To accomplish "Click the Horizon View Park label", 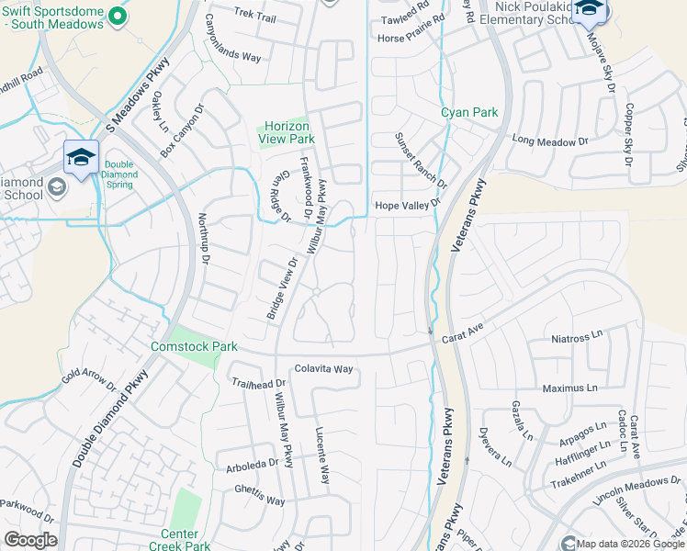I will coord(286,132).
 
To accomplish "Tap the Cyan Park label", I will coord(468,113).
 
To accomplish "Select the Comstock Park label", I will coord(195,346).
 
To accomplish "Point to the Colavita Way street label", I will coord(323,369).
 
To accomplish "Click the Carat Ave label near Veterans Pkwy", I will coord(463,330).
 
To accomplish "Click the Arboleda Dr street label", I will coord(252,466).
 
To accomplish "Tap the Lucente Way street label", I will coord(322,456).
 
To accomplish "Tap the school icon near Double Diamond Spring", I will coord(80,157).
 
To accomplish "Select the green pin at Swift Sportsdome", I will coord(117,16).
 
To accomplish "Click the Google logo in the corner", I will coord(30,540).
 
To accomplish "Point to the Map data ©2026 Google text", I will coord(631,543).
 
